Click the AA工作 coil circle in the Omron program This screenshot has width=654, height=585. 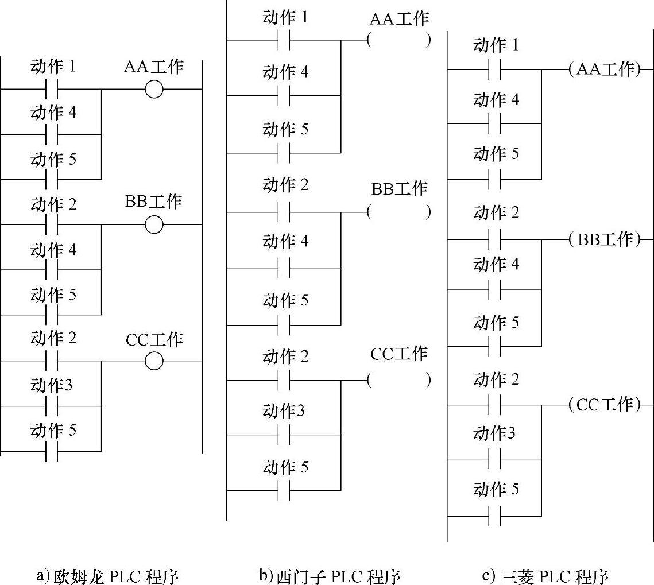tap(154, 89)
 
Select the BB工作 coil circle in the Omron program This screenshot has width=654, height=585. tap(154, 225)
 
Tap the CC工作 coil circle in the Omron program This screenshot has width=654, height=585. tap(154, 361)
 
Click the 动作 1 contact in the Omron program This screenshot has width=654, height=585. tap(52, 89)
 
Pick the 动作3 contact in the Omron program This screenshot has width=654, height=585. tap(52, 406)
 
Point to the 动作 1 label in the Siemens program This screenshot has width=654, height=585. tap(286, 18)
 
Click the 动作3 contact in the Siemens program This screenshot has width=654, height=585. tap(284, 435)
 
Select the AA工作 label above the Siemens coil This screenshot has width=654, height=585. tap(399, 19)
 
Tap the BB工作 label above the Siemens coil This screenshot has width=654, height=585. tap(399, 189)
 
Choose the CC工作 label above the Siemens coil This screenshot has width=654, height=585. tap(399, 354)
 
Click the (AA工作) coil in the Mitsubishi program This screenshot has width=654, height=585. tap(605, 69)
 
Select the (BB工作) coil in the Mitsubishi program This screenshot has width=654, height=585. tap(605, 239)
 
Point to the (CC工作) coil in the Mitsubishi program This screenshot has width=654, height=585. tap(605, 405)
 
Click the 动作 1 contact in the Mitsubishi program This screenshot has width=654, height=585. tap(494, 69)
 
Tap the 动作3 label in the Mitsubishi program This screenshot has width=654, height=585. tap(494, 433)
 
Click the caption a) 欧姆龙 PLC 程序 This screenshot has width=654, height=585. tap(108, 576)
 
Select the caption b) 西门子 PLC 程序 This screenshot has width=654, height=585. tap(330, 576)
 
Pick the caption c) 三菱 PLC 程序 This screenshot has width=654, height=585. tap(545, 576)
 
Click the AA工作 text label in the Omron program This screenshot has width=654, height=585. tap(154, 67)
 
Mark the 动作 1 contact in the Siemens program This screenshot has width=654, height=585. tap(284, 40)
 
